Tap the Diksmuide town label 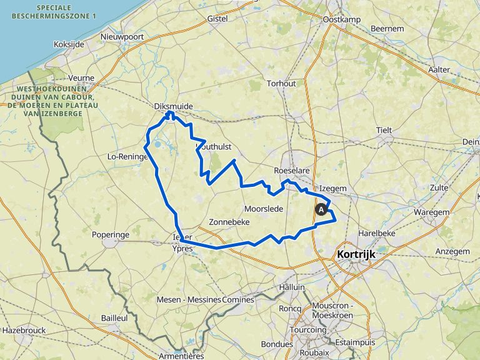click(x=173, y=107)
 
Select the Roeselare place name click(x=292, y=171)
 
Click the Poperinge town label click(x=127, y=234)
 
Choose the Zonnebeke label click(x=229, y=222)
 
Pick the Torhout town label click(x=281, y=83)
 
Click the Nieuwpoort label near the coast click(x=122, y=37)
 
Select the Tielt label click(x=384, y=130)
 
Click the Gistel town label click(x=217, y=19)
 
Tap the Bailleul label click(x=114, y=318)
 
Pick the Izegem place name click(x=332, y=187)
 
